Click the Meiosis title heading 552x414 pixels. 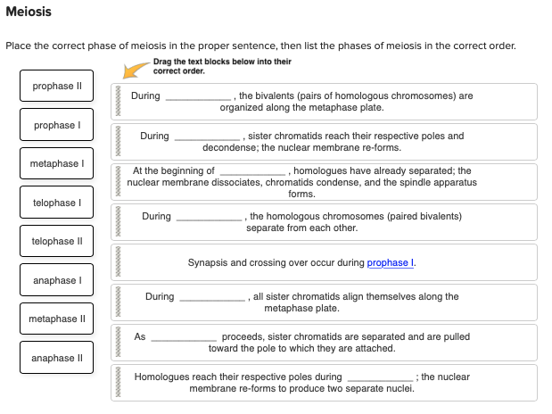coord(29,12)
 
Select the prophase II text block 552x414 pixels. coord(57,87)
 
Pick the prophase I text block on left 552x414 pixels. coord(57,126)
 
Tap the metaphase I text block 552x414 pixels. coord(57,164)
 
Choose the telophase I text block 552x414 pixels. coord(57,203)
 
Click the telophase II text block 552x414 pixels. coord(57,242)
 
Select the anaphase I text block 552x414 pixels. coord(57,281)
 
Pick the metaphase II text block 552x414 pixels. coord(57,319)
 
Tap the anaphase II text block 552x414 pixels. coord(57,359)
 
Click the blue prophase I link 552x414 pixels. coord(389,263)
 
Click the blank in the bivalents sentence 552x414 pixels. coord(200,96)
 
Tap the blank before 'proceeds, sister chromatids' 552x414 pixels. coord(184,338)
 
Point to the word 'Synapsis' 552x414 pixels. coord(206,263)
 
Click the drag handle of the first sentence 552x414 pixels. coord(117,102)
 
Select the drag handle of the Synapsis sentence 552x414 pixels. coord(117,262)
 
